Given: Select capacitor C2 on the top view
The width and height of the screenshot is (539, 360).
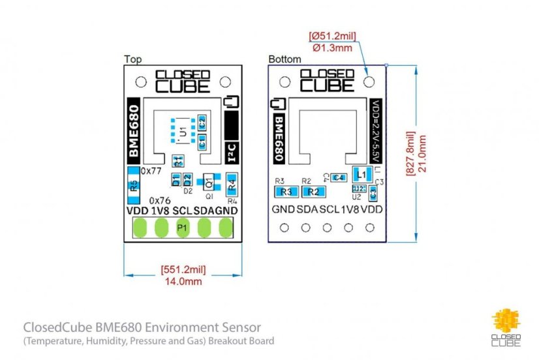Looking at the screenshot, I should (x=202, y=122).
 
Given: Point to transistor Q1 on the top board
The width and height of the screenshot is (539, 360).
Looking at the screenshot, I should (x=209, y=181).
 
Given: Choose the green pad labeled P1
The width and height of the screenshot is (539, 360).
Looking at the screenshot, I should (x=183, y=228).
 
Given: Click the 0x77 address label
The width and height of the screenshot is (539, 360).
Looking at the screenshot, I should (x=152, y=170).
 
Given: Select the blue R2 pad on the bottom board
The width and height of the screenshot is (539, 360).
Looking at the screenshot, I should (x=313, y=192).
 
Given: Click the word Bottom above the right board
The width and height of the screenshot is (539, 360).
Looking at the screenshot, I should (x=285, y=59).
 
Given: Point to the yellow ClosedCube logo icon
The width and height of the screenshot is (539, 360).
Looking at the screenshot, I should (x=506, y=320).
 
